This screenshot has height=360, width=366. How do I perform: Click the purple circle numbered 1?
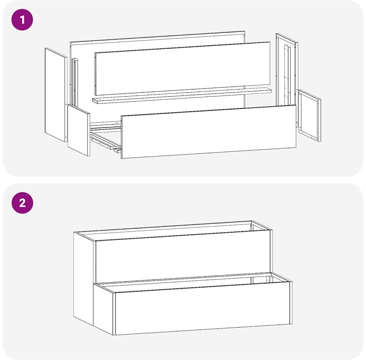22,20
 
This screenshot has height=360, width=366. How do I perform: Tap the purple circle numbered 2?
22,203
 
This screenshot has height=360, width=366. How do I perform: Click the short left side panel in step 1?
79,130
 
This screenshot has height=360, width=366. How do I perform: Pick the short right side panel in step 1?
310,116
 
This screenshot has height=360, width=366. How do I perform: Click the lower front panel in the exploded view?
209,132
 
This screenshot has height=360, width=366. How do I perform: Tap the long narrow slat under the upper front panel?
182,96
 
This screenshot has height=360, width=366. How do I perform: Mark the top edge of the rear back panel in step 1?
158,37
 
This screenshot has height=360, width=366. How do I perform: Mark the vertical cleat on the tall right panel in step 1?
287,75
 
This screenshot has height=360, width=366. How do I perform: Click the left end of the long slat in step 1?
94,101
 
